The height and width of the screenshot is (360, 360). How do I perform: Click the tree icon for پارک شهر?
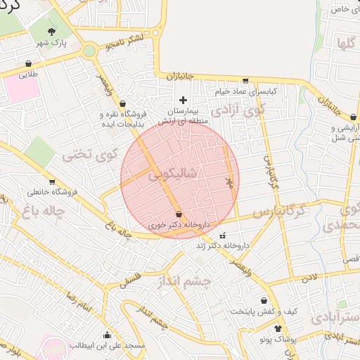[52, 32]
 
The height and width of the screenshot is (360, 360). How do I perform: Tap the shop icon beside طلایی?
[27, 62]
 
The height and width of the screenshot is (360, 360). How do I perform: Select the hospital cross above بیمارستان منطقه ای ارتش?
[184, 100]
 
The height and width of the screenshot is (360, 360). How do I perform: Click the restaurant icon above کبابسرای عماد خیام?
[245, 81]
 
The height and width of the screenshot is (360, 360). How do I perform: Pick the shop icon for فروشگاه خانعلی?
[52, 181]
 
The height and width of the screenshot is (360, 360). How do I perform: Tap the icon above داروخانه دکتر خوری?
[178, 214]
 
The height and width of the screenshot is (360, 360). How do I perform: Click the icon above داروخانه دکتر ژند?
[224, 236]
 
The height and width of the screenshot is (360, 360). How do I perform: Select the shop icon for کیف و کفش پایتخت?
[264, 301]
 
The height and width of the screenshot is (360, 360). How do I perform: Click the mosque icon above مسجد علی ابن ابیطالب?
[106, 335]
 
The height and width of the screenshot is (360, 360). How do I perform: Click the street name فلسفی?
[131, 278]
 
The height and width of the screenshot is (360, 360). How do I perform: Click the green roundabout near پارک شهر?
[89, 51]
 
